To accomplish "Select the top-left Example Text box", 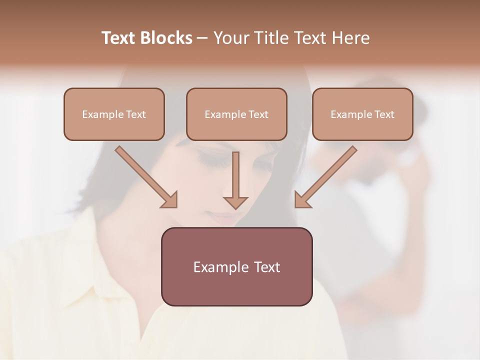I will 114,114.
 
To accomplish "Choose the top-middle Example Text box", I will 236,114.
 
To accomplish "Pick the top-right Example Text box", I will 362,114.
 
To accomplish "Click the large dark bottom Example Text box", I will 236,266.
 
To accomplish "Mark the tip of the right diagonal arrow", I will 297,205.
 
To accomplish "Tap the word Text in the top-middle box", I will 258,114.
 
